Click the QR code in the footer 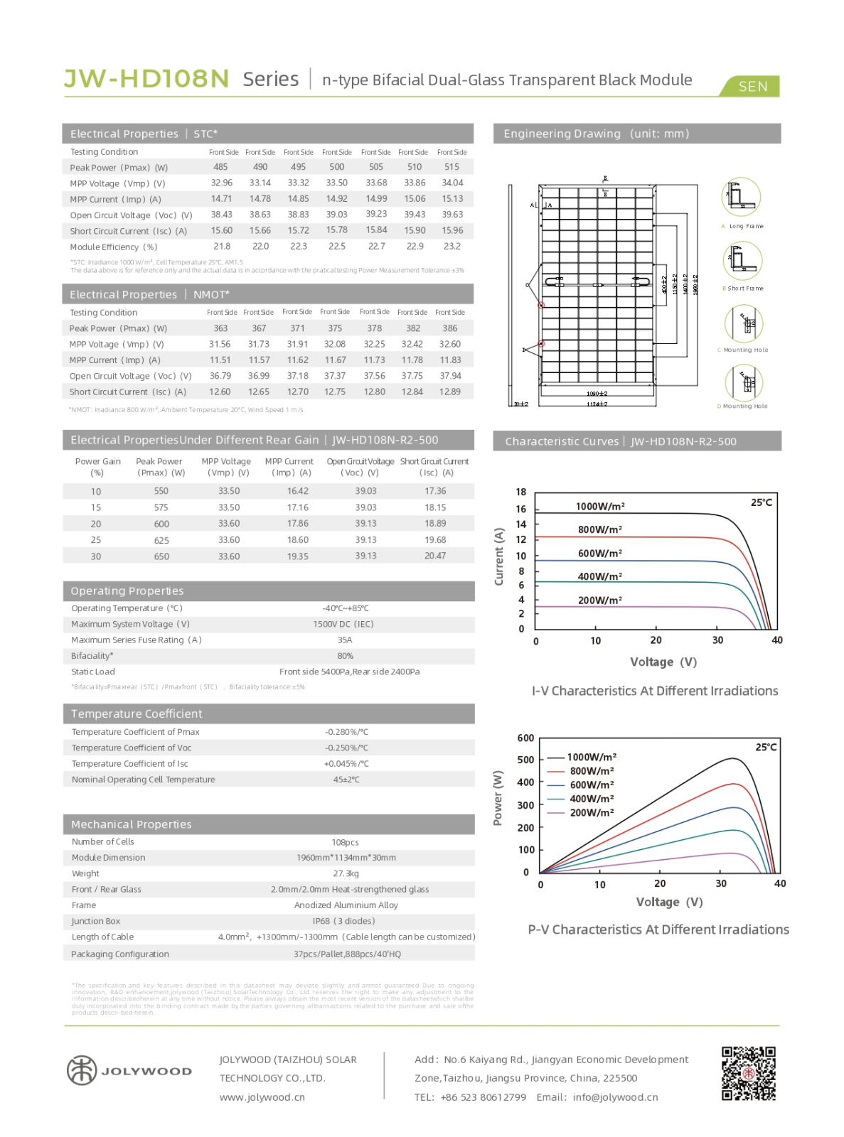(748, 1073)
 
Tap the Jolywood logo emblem (81, 1070)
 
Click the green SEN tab (752, 87)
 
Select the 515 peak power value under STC (452, 167)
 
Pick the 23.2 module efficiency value (452, 247)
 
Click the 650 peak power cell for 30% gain (161, 556)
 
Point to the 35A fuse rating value (345, 640)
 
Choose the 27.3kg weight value (346, 873)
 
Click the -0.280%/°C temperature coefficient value (346, 732)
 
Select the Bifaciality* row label (92, 656)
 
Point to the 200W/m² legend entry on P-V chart (592, 813)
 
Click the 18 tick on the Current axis (521, 492)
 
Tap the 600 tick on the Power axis (525, 738)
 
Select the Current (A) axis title (498, 556)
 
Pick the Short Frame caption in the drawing (744, 289)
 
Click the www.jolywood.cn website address (262, 1097)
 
